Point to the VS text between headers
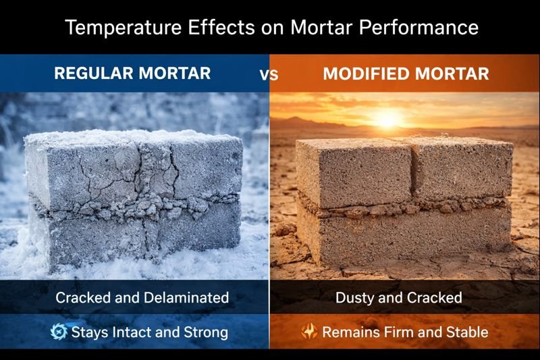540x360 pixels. (x=269, y=74)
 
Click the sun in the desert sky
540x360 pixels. (x=386, y=120)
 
